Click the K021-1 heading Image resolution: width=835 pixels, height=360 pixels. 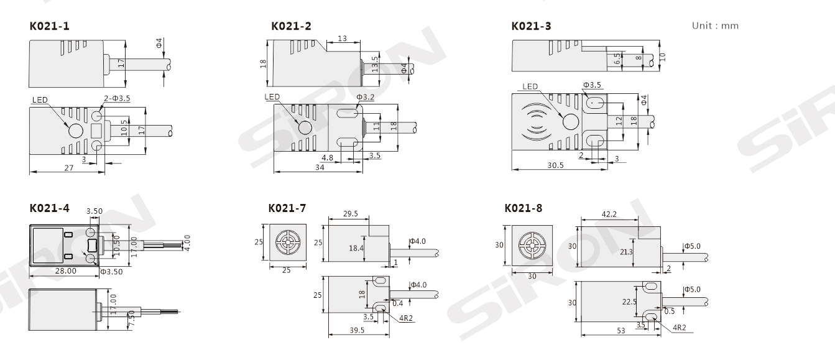coord(49,26)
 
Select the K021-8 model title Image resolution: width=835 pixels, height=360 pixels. coord(523,208)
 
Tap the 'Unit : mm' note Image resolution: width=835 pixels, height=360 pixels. coord(715,25)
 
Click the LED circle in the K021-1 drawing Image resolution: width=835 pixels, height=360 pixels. coord(76,131)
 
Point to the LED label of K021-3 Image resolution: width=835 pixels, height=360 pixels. coord(530,86)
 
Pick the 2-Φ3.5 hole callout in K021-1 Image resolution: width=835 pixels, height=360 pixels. coord(117,98)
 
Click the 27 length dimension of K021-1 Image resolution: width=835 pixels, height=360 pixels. coord(68,168)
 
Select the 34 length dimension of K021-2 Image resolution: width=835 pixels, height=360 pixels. coord(320,167)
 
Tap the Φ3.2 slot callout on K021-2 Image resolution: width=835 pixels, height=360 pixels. coord(365,97)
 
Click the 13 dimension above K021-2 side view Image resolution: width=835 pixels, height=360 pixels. coord(342,39)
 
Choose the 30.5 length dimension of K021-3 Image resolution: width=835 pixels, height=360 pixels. coord(555,165)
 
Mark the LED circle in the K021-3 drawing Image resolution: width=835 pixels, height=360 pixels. coord(570,121)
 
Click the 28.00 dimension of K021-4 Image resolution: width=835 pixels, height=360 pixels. coord(66,270)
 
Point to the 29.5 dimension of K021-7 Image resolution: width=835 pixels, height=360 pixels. coord(351,213)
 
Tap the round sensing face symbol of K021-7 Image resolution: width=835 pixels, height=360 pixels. coord(288,242)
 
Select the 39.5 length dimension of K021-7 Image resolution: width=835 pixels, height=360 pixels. coord(357,330)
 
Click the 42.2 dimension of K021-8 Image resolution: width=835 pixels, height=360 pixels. coord(609,214)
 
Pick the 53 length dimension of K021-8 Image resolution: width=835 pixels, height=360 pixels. coord(620,331)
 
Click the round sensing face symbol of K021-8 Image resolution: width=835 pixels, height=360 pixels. coord(532,246)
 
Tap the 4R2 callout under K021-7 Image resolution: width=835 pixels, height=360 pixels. coord(406,318)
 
